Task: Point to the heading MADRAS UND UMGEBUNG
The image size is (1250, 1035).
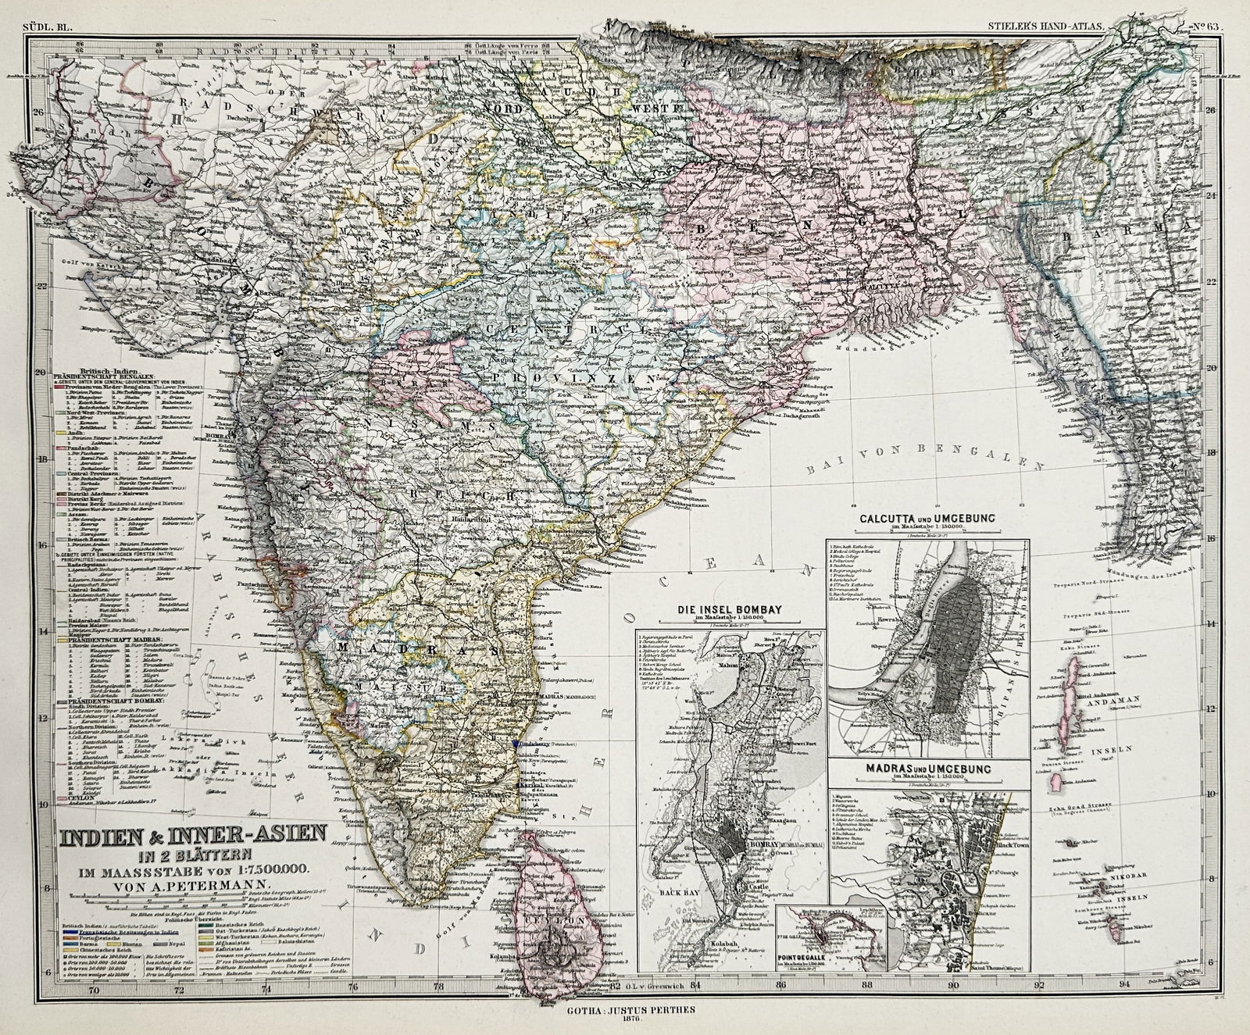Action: (x=927, y=769)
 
